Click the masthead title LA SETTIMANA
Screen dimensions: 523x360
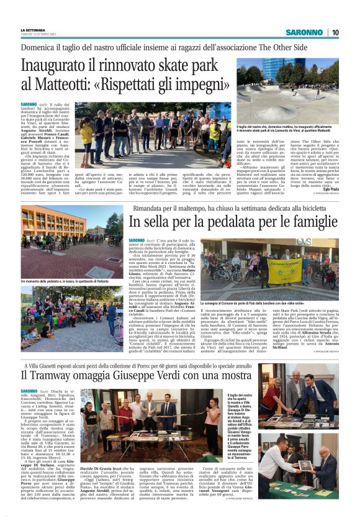pyautogui.click(x=32, y=29)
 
